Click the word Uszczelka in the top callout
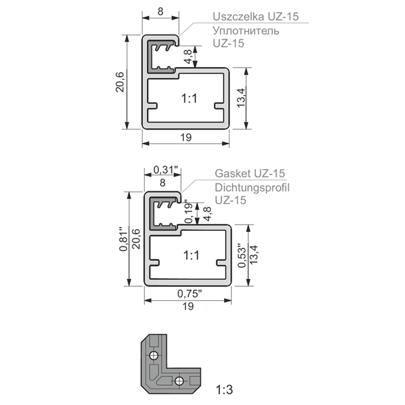tap(238, 17)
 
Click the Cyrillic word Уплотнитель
tap(246, 31)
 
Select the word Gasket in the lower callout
tap(233, 173)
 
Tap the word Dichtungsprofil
tap(252, 188)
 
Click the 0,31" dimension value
tap(166, 170)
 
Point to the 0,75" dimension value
tap(189, 294)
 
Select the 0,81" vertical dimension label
tap(124, 239)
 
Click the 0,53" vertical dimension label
tap(242, 255)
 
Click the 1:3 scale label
tap(224, 389)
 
